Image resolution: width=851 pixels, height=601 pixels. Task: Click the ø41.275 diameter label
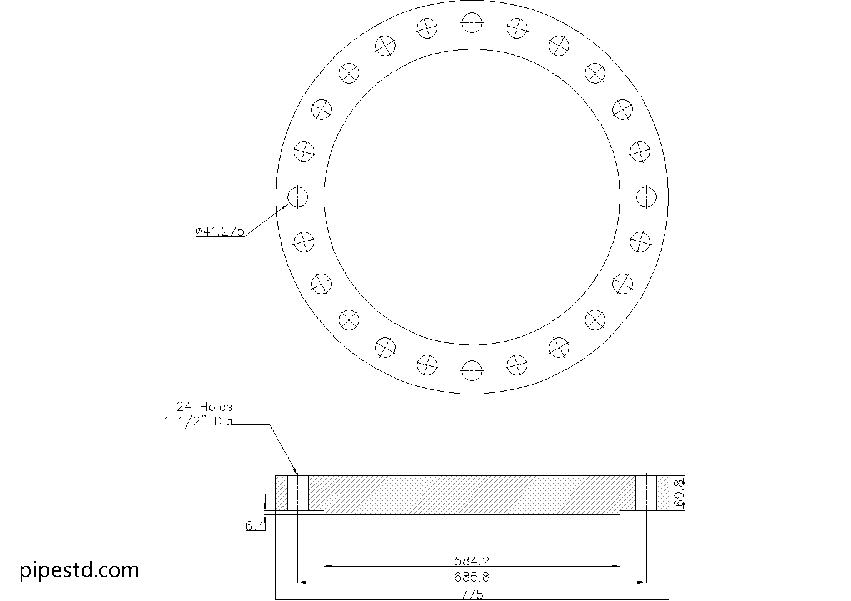pos(220,231)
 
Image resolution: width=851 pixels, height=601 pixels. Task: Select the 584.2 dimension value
pos(472,560)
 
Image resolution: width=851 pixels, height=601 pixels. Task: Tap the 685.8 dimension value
pos(472,577)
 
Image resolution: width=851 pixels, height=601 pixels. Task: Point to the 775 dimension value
pos(472,594)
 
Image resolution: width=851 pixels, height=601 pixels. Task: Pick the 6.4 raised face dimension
pos(254,526)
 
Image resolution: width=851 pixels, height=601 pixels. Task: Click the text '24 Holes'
pos(204,407)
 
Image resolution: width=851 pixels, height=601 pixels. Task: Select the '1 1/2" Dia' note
pos(198,422)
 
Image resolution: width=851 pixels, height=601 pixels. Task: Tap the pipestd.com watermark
pos(79,570)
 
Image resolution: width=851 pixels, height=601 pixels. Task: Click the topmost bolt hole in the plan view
pos(472,24)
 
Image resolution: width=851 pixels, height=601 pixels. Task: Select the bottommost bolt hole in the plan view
pos(472,371)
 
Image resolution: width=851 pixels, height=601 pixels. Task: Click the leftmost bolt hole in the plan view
pos(298,197)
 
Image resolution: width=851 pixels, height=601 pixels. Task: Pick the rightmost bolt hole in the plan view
pos(646,197)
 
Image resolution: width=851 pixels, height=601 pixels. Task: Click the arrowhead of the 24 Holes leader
pos(296,474)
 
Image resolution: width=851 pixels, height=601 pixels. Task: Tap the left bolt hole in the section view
pos(298,493)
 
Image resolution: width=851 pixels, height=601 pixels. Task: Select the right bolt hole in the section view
pos(646,493)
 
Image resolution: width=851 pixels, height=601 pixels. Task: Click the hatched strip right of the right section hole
pos(662,493)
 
